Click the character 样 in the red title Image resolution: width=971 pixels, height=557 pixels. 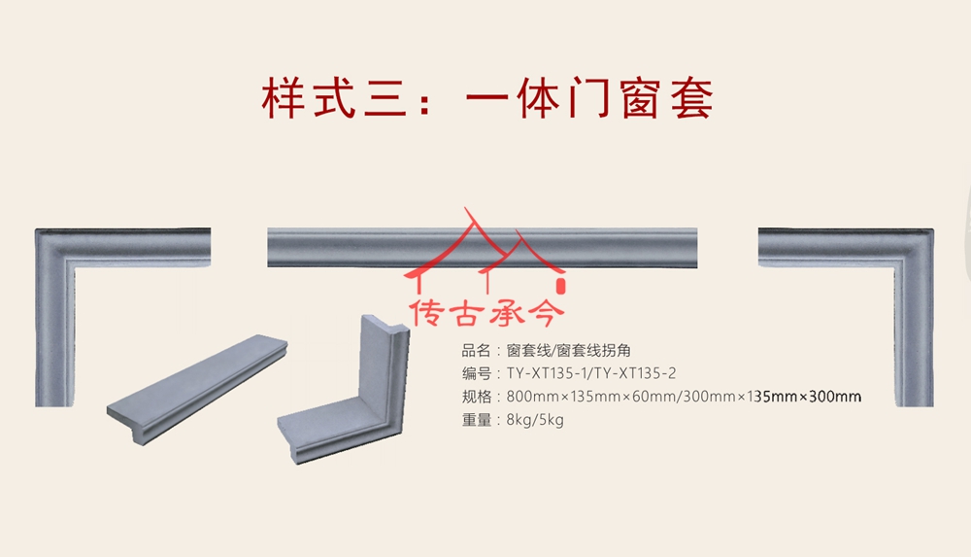tap(283, 98)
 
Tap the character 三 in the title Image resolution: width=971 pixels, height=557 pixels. tap(385, 98)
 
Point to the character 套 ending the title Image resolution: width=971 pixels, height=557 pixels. tap(691, 98)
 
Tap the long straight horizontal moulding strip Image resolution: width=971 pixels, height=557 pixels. tap(482, 248)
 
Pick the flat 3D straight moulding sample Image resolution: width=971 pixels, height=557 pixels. tap(197, 389)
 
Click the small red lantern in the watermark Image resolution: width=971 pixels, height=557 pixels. tap(561, 286)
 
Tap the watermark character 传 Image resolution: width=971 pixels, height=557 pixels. tap(426, 312)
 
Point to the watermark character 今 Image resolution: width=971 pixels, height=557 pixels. tap(545, 312)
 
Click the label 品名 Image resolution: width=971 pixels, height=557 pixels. tap(476, 351)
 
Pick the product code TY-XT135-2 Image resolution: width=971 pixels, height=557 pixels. tap(633, 373)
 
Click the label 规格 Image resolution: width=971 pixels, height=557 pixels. tap(476, 397)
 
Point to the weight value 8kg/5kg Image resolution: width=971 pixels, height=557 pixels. tap(535, 420)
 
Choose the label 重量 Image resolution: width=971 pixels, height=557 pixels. tap(476, 420)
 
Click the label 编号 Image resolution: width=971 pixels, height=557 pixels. tap(476, 373)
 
